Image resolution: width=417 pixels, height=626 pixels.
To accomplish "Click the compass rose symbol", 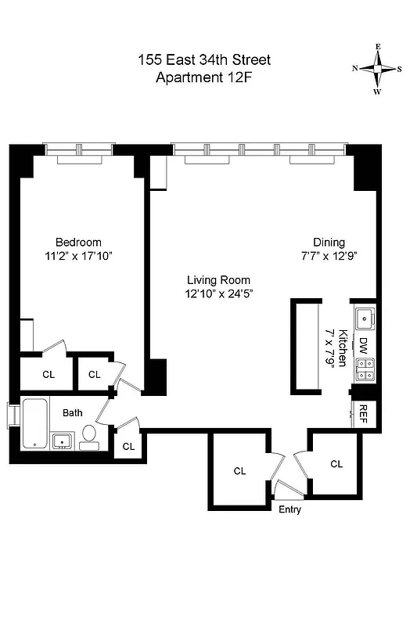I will (x=378, y=69).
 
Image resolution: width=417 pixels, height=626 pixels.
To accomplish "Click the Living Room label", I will (x=218, y=280).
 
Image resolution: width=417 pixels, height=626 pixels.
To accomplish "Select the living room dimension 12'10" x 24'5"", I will (x=218, y=293).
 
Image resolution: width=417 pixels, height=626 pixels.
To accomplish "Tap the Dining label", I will (x=329, y=242).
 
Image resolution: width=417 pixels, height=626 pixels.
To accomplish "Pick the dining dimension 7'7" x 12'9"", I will (x=329, y=255).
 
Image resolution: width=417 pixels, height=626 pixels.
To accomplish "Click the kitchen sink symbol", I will (x=364, y=318).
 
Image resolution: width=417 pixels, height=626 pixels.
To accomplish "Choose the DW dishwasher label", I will (x=364, y=344).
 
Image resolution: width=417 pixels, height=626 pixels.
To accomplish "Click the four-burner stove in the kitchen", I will (x=364, y=369).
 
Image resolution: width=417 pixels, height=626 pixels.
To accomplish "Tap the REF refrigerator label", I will (x=362, y=412).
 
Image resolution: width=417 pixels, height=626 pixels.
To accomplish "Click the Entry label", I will (x=289, y=509).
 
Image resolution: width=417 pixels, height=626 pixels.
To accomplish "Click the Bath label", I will (x=73, y=412).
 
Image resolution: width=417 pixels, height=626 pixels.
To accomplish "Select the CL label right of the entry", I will (x=336, y=464).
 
